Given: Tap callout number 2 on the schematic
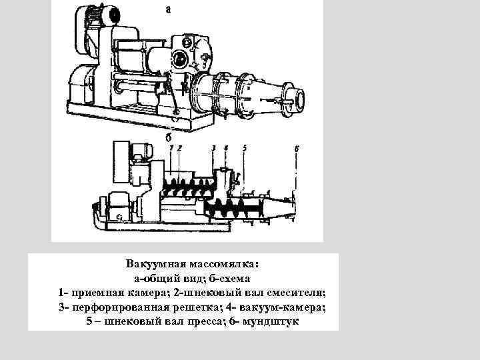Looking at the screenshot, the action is pos(179,147).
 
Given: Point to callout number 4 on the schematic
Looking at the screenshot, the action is pos(227,147).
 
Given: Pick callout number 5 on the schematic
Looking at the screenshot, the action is pos(245,147).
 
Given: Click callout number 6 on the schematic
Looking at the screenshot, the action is pos(297,148).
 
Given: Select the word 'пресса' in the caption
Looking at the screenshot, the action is pos(202,321).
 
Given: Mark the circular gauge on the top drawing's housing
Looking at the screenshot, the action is pos(181,61).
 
